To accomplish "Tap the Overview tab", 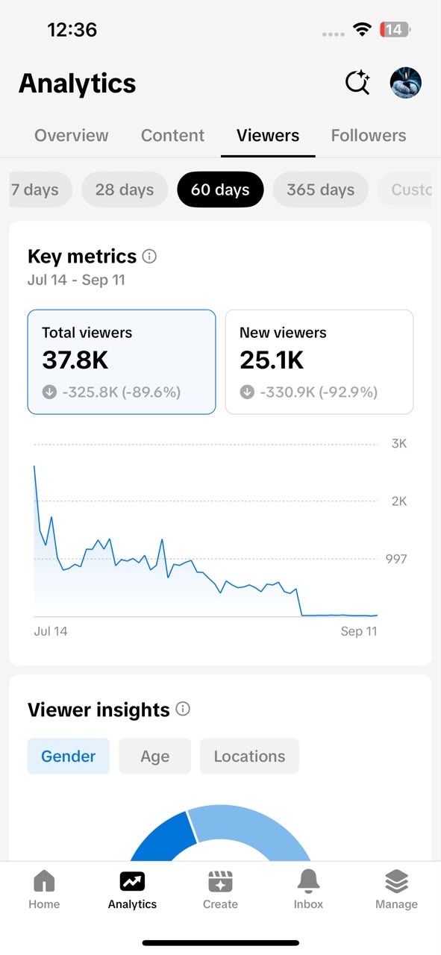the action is point(71,136).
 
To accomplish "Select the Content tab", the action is point(172,136).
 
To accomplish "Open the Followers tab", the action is point(369,136).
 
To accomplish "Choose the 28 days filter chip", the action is point(125,190).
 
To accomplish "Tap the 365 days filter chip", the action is point(320,190).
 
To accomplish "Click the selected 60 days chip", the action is point(220,190).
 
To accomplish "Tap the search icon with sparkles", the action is point(357,82).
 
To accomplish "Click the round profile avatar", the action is point(406,83).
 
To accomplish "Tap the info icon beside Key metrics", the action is point(149,256).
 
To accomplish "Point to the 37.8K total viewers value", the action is point(75,360).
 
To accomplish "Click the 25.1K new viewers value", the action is point(272,360).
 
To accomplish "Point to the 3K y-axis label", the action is point(399,444).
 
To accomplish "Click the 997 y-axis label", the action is point(396,559).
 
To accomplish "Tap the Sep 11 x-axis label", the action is point(359,631).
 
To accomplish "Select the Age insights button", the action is point(154,757).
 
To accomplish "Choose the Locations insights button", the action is point(249,757).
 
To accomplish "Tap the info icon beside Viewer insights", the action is point(183,709).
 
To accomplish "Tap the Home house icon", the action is point(44,880).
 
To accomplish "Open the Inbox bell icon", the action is point(308,881).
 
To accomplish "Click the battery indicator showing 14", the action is point(395,29).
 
